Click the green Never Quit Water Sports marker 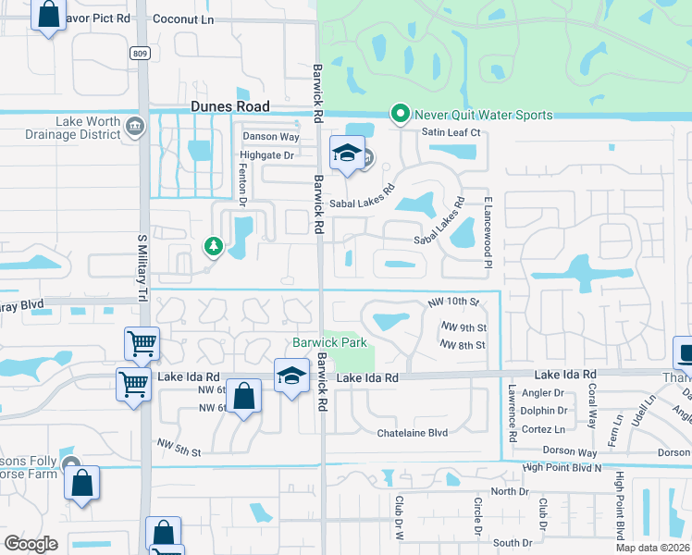click(x=400, y=115)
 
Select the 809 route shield click(x=140, y=54)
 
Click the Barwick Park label click(x=330, y=342)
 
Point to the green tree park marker click(x=214, y=246)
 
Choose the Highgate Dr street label click(x=266, y=155)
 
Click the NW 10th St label click(x=453, y=302)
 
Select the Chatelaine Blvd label click(x=412, y=432)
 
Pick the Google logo click(x=31, y=544)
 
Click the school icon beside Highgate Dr click(x=346, y=154)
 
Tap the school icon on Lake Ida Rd click(x=290, y=376)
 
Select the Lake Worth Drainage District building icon click(x=135, y=126)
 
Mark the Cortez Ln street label click(x=544, y=428)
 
